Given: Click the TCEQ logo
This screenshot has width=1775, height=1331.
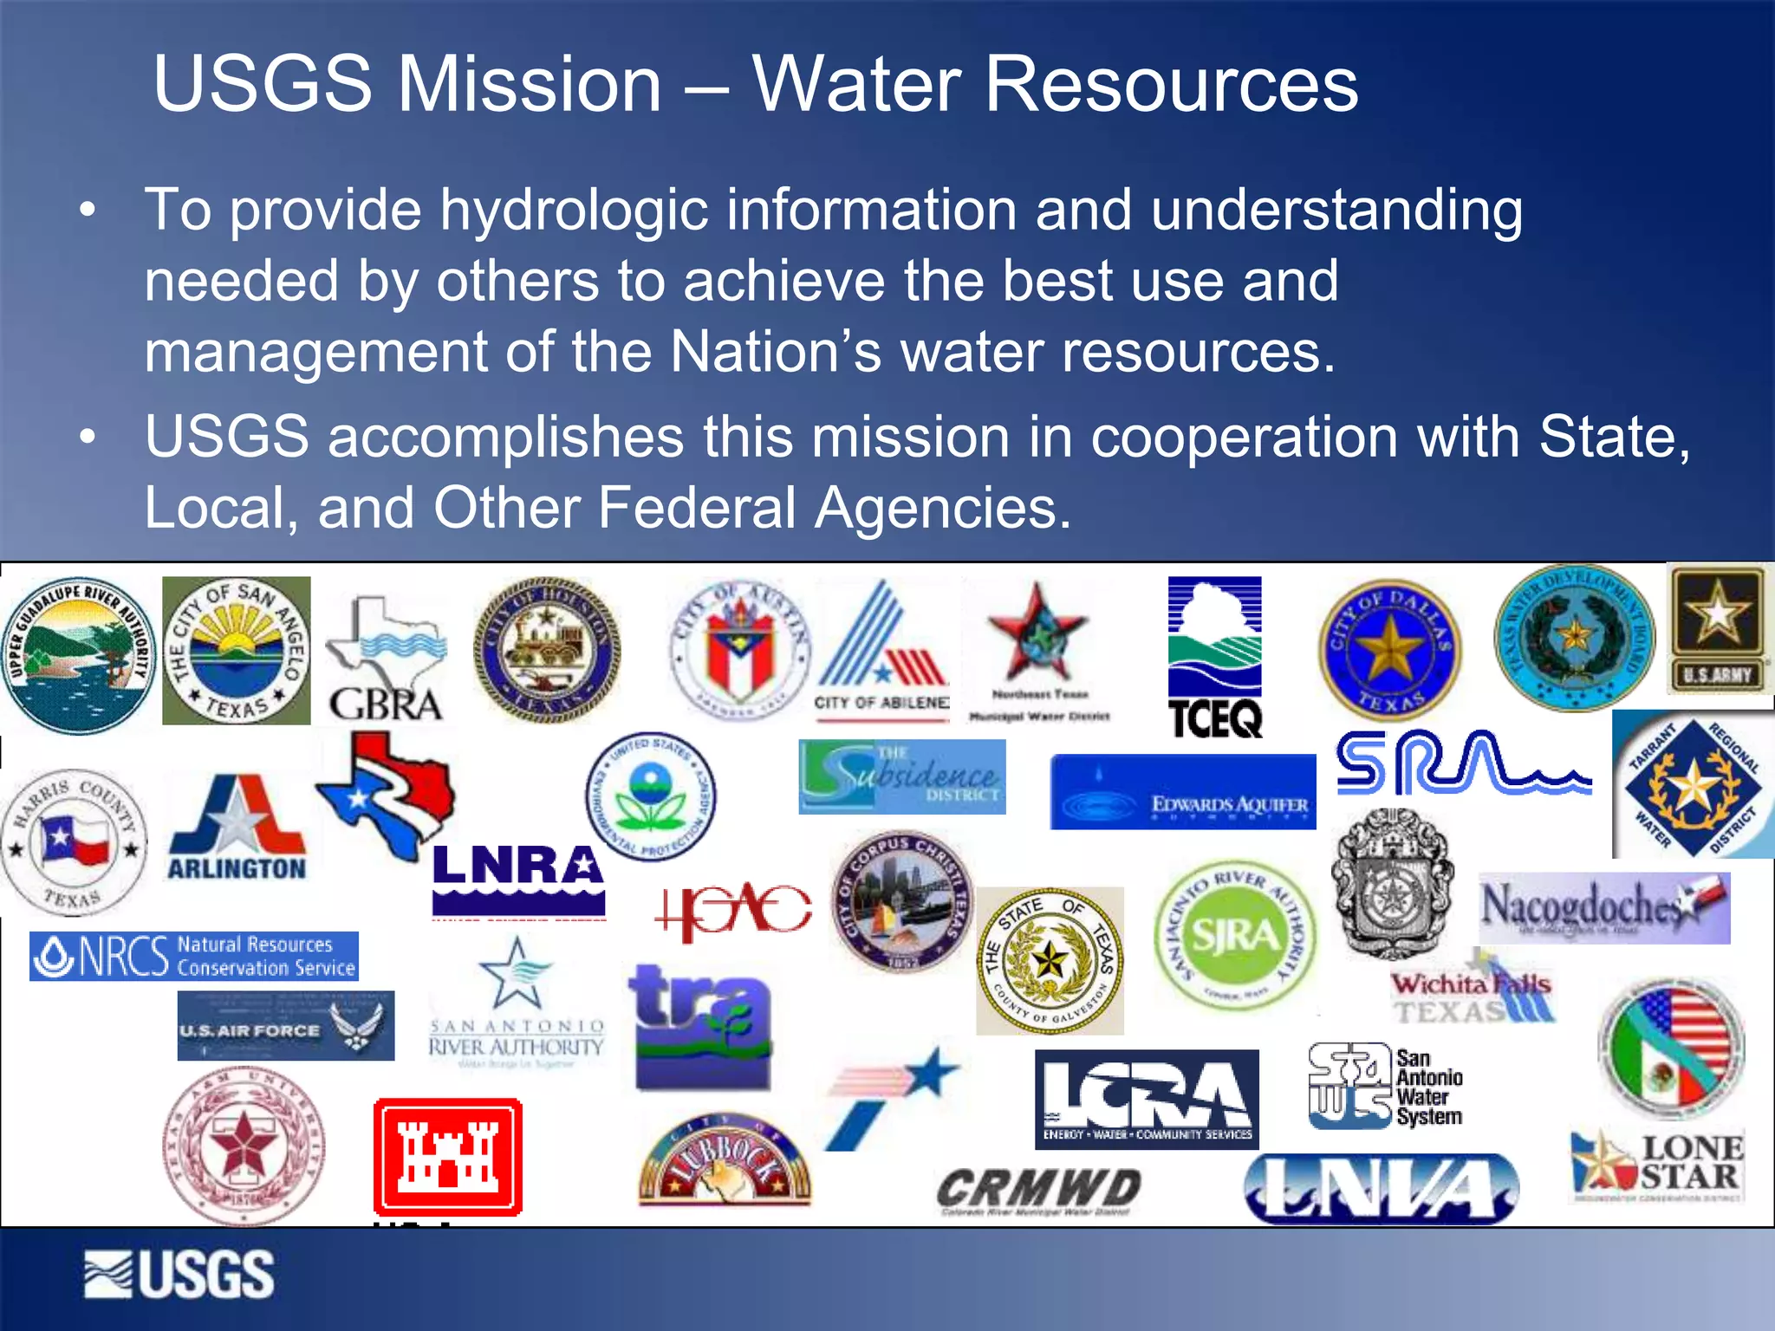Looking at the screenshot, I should (1214, 657).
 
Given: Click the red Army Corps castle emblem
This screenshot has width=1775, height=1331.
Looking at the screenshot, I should (447, 1157).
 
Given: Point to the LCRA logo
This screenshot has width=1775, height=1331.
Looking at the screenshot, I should (1147, 1099).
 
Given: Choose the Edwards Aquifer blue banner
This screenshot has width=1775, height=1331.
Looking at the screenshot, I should (1183, 792).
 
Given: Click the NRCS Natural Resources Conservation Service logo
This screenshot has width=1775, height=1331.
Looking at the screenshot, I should (194, 956).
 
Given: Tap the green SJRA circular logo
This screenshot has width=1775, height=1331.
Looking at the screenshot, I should (1235, 935).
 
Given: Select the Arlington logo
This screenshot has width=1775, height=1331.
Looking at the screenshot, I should (237, 827).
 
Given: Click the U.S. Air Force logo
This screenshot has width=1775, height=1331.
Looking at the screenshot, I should (285, 1026).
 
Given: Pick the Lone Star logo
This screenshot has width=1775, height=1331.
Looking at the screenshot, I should (1657, 1165).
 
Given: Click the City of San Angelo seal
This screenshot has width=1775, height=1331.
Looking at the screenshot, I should (236, 651).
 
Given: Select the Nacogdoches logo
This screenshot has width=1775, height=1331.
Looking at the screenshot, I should (1603, 907).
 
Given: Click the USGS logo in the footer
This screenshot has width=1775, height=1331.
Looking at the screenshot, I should (179, 1275).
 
